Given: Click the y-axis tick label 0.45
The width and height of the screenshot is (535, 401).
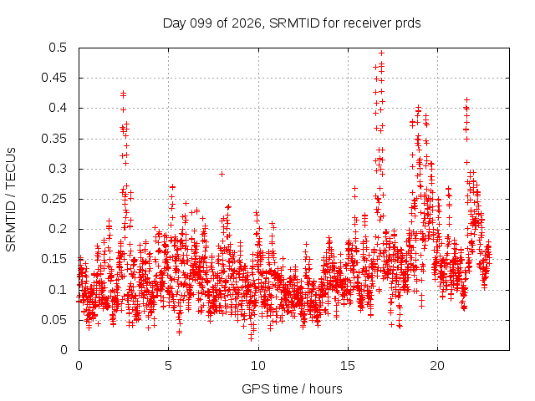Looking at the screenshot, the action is [x=54, y=78].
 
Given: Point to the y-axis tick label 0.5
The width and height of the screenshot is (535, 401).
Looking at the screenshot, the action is [x=58, y=48].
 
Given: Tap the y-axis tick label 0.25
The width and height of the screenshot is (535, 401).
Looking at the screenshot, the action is [x=54, y=199].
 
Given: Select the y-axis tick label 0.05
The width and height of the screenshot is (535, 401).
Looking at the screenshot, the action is [x=54, y=320].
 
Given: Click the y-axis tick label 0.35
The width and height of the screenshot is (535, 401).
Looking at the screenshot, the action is [x=54, y=139].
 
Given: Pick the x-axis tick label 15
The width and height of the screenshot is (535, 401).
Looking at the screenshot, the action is [x=348, y=366].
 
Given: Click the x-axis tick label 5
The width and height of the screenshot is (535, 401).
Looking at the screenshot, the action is [x=168, y=366].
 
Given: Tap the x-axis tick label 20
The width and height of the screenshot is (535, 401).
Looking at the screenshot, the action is [x=437, y=366].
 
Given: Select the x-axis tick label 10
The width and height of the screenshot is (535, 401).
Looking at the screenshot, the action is [x=258, y=366].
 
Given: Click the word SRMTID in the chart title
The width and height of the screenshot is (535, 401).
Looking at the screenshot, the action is [x=294, y=23].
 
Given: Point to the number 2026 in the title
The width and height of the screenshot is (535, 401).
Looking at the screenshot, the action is [x=247, y=23].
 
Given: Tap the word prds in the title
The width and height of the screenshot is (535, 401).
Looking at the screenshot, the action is [x=408, y=23].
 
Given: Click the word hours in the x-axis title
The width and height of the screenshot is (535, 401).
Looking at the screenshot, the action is [x=326, y=388].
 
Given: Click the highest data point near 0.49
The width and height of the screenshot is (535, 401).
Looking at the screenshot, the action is [x=381, y=53].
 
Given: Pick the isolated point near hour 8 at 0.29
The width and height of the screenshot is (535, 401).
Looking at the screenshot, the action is [x=222, y=175].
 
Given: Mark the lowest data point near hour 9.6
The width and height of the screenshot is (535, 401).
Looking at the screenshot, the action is [x=251, y=338].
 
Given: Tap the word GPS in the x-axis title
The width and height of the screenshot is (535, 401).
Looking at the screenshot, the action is [x=252, y=388].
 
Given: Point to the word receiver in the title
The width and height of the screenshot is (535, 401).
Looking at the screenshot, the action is [x=368, y=23].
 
